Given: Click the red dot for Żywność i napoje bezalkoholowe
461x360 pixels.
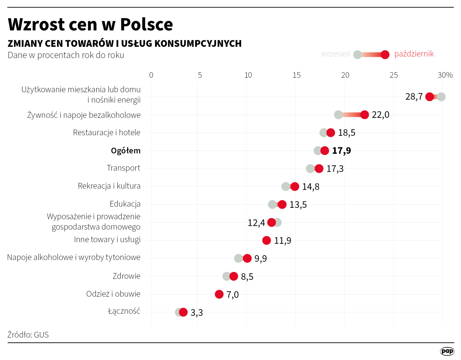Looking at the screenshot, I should pos(364,115).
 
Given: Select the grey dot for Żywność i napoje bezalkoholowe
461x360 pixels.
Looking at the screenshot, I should pos(338,115).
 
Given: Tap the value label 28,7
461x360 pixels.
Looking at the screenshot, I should pos(414,97).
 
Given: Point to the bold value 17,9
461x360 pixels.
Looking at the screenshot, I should pos(342,151).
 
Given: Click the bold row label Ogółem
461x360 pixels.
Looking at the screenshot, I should pos(125,151).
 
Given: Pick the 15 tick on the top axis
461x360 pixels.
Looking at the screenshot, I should pos(297,75).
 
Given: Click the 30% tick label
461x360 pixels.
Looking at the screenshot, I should pos(445,75).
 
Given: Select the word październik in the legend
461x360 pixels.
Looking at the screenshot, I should pos(414,54).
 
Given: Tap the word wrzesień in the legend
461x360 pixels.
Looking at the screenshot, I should pos(336,54).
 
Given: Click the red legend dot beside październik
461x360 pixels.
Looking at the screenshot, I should pos(385,55).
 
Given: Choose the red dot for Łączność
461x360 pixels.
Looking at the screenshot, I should pos(183,312).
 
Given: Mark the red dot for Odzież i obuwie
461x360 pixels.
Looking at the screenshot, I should pos(219,294).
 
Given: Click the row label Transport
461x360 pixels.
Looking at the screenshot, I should pos(124,168).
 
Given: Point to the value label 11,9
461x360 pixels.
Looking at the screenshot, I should pos(283,241).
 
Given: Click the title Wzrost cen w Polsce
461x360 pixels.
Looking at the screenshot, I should pos(90,24).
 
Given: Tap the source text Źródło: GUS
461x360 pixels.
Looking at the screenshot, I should pos(28,335).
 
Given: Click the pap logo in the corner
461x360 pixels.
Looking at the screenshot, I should pos(447,351).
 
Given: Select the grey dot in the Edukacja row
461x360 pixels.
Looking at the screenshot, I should pos(272,205).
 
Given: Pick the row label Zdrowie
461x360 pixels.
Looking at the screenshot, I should pos(126,276).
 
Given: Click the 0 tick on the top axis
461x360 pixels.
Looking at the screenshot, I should pos(151,75).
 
